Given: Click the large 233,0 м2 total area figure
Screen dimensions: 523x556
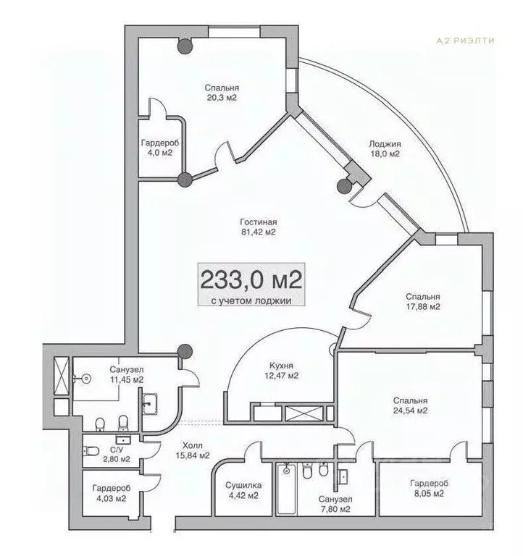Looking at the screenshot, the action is pyautogui.click(x=251, y=280).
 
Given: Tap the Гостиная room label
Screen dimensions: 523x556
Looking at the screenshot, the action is pyautogui.click(x=259, y=222).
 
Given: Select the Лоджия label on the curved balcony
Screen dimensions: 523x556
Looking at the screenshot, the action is pyautogui.click(x=385, y=144).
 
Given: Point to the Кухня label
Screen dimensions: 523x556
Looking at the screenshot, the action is pyautogui.click(x=281, y=366).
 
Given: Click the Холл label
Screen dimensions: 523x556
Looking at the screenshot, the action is pyautogui.click(x=193, y=445).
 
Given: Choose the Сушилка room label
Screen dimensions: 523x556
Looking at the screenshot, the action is pyautogui.click(x=244, y=485).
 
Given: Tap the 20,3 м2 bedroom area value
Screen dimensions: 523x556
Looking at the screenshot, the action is pyautogui.click(x=222, y=98).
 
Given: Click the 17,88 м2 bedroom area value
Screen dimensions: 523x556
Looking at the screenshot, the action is pyautogui.click(x=423, y=307).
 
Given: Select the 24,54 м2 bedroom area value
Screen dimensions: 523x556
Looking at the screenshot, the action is pyautogui.click(x=410, y=410).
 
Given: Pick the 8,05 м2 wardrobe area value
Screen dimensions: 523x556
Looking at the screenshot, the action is pyautogui.click(x=429, y=494).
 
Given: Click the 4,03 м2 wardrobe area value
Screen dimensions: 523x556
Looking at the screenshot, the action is pyautogui.click(x=111, y=499).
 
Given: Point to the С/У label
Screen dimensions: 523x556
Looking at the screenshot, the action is pyautogui.click(x=117, y=450).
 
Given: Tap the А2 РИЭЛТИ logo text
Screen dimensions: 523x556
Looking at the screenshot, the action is pyautogui.click(x=465, y=41).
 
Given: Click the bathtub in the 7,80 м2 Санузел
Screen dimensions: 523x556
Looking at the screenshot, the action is pyautogui.click(x=286, y=488).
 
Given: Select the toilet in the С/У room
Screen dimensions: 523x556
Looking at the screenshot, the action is pyautogui.click(x=91, y=452).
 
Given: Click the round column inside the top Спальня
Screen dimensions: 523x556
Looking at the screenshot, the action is pyautogui.click(x=185, y=46).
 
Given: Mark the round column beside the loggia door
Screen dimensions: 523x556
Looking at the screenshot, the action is pyautogui.click(x=344, y=186).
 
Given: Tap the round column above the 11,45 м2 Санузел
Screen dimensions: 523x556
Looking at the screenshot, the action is pyautogui.click(x=185, y=351).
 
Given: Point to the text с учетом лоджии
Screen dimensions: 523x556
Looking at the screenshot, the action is pyautogui.click(x=251, y=300).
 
